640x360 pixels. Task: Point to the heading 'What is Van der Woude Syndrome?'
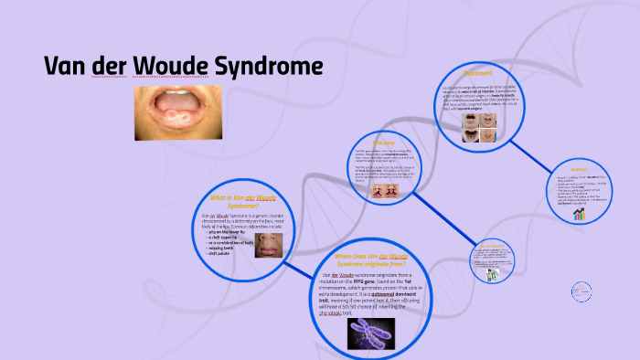[242, 202]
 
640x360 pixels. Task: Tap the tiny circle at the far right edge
[581, 291]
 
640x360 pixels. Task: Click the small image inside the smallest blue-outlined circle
[492, 271]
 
